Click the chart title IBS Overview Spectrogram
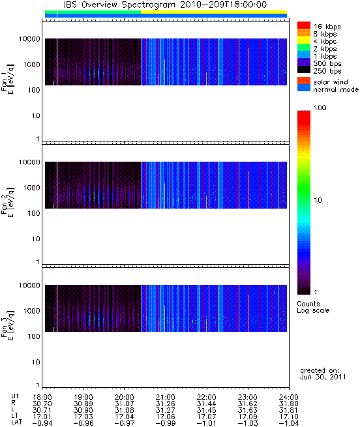click(x=119, y=5)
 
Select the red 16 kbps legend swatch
click(x=304, y=25)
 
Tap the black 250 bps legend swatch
click(x=304, y=70)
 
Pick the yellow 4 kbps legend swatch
click(x=304, y=40)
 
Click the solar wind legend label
click(x=330, y=82)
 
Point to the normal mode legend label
click(x=336, y=89)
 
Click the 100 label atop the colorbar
click(x=320, y=108)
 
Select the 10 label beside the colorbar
click(x=318, y=200)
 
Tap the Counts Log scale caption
click(x=313, y=307)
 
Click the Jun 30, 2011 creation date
click(x=323, y=377)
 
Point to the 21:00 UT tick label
click(x=166, y=397)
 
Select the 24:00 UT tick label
click(x=289, y=397)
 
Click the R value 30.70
click(x=42, y=404)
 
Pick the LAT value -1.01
click(x=206, y=424)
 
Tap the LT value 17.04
click(x=125, y=417)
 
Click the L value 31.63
click(x=247, y=411)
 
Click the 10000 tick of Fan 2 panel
click(x=30, y=162)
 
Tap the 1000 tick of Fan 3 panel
click(x=31, y=311)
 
